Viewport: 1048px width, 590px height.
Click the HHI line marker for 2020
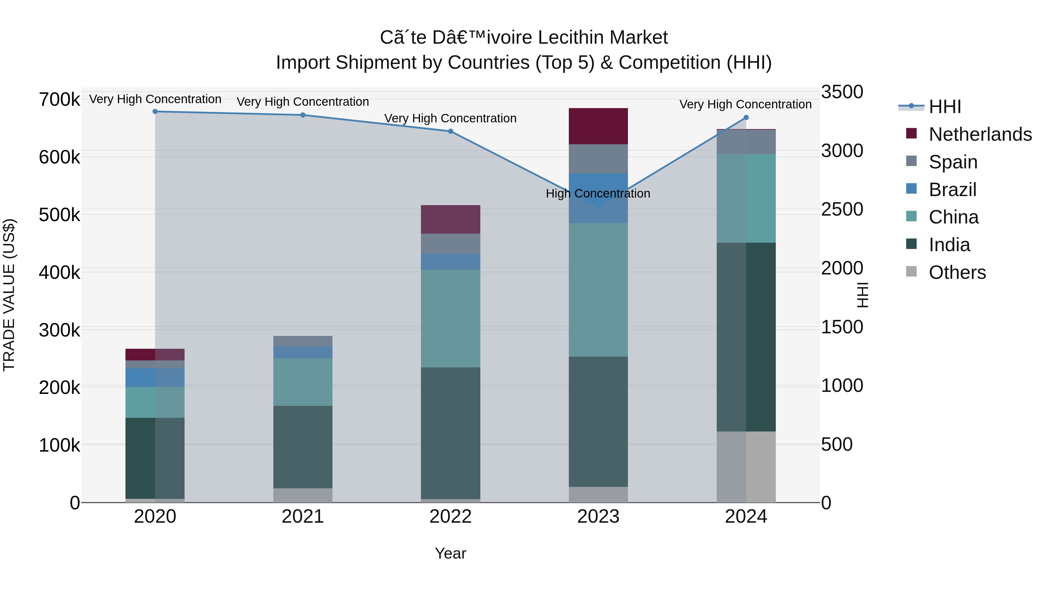point(155,112)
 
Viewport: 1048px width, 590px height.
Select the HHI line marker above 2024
point(746,118)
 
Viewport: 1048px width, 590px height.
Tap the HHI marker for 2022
point(450,131)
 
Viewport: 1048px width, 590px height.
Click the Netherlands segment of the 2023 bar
point(598,126)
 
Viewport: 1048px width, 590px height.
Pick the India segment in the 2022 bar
point(450,433)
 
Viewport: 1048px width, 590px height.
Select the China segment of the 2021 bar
point(303,382)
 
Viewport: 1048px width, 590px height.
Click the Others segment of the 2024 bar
point(746,467)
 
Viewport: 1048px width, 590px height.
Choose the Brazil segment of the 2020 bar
point(155,377)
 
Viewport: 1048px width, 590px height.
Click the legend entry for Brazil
point(952,190)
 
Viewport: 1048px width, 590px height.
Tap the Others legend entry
point(957,272)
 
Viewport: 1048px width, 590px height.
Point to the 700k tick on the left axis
point(59,99)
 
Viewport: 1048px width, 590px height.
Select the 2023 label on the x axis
point(598,517)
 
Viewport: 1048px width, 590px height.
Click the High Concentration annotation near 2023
point(598,193)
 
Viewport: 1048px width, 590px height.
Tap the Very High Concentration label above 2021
point(303,102)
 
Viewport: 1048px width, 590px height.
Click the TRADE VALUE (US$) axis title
point(9,295)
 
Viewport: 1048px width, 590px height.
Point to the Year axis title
point(450,553)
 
